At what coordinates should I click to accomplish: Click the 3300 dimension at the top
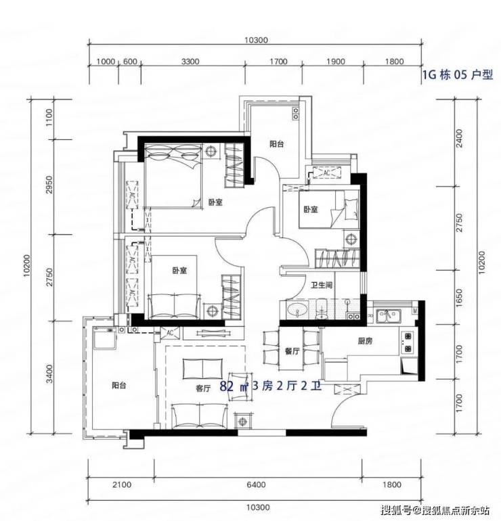point(190,62)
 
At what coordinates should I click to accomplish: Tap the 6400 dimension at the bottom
point(256,484)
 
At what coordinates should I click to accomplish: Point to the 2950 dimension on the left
point(49,185)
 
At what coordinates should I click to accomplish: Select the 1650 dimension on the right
point(459,298)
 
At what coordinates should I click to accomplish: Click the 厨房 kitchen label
point(365,341)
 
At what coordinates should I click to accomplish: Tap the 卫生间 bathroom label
point(322,285)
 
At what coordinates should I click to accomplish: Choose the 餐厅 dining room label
point(292,351)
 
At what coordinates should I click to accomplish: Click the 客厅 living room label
point(203,388)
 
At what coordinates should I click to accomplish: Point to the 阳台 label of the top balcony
point(277,144)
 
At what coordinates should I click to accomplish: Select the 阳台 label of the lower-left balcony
point(118,386)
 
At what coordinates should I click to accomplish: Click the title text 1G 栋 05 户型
point(458,74)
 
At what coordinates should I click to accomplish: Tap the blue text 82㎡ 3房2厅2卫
point(271,386)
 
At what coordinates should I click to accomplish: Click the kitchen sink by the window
point(389,316)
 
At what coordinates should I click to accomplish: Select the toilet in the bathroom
point(321,309)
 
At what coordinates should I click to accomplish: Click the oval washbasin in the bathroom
point(297,310)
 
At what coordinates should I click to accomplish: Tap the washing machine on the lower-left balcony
point(104,338)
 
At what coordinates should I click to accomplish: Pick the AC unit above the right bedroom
point(326,173)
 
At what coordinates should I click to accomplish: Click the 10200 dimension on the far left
point(26,266)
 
